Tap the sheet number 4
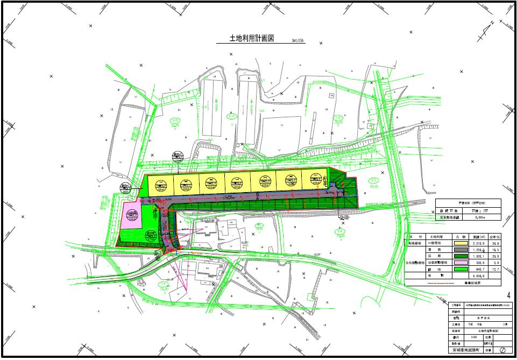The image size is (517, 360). [x=508, y=295]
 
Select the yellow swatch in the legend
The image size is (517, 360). [x=460, y=243]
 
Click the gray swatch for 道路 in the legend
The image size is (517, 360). [x=460, y=251]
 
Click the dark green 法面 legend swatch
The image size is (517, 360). [x=460, y=257]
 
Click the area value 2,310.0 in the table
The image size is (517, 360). [x=479, y=243]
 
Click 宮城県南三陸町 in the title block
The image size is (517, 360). [x=465, y=349]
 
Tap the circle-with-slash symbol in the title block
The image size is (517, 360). [x=501, y=349]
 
